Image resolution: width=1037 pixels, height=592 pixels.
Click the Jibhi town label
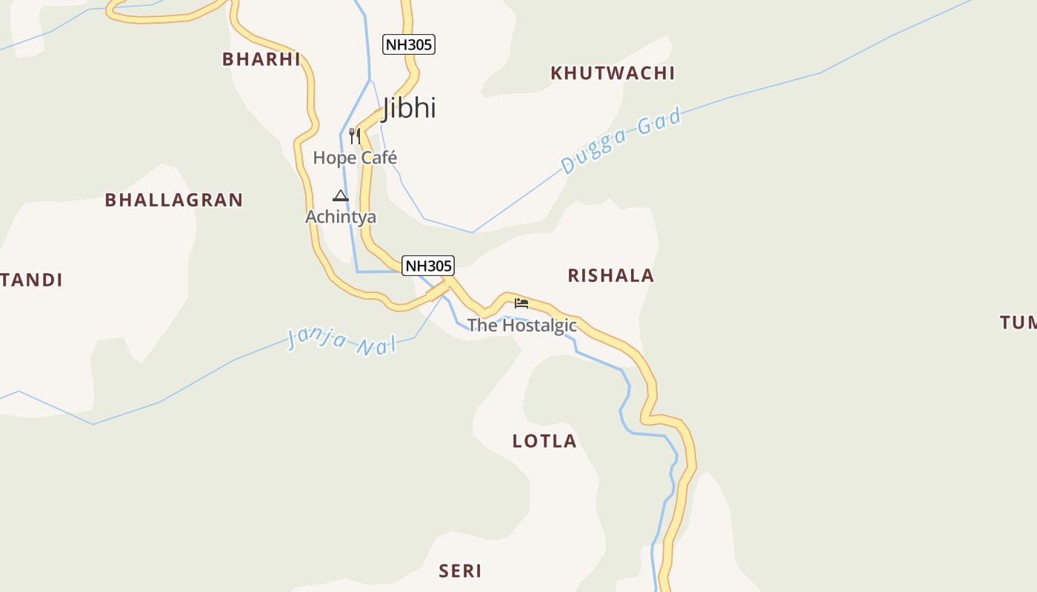410,108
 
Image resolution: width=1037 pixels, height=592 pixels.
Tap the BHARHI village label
261,59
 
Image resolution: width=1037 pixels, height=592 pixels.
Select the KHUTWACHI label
613,73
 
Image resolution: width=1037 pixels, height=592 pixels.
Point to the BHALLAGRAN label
174,200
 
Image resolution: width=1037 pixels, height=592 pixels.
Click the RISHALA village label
611,275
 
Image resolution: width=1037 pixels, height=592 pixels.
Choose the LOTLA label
544,441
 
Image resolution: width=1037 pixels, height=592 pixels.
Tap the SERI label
460,571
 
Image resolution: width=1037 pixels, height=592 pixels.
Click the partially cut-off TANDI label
31,280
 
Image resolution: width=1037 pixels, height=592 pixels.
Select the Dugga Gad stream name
621,140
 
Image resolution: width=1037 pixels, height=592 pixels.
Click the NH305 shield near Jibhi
408,44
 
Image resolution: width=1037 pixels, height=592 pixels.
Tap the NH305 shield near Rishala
427,265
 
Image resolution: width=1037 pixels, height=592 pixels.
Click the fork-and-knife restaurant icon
355,135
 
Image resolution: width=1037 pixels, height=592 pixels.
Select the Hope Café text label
355,158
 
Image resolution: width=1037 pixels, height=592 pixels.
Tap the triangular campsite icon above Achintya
341,196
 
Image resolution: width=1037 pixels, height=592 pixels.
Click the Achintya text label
341,217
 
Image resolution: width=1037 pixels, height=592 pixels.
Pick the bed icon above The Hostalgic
521,303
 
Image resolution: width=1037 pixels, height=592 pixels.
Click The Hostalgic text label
522,325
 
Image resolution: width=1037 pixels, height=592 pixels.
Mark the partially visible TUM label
1018,322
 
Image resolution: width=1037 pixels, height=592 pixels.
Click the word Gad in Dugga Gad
659,121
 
